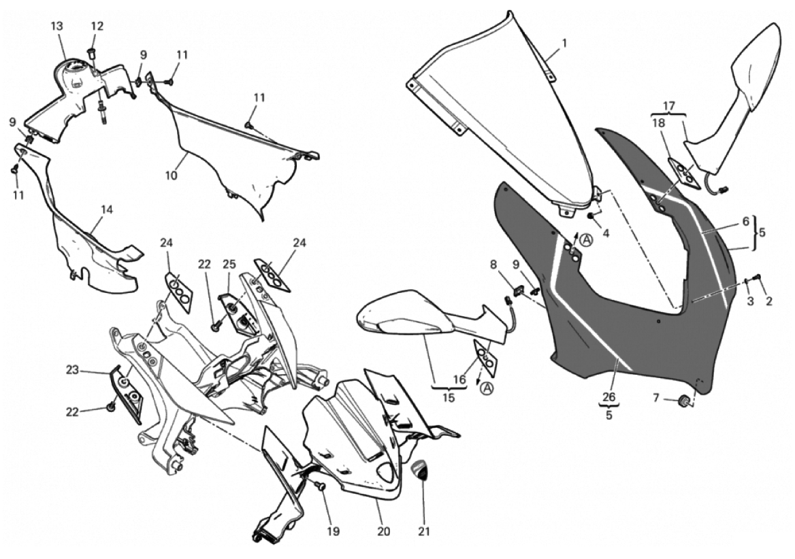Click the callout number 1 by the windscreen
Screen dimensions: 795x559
[564, 44]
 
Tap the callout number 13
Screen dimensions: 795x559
[56, 26]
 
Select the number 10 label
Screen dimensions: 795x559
[171, 175]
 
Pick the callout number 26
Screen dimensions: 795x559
[609, 397]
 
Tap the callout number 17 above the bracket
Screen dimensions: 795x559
[669, 107]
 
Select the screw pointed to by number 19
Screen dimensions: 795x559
[321, 486]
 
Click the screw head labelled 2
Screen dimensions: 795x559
[758, 277]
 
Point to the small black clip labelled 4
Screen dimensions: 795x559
[591, 216]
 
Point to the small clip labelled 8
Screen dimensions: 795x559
[518, 290]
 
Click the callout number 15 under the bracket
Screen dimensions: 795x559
[449, 397]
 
